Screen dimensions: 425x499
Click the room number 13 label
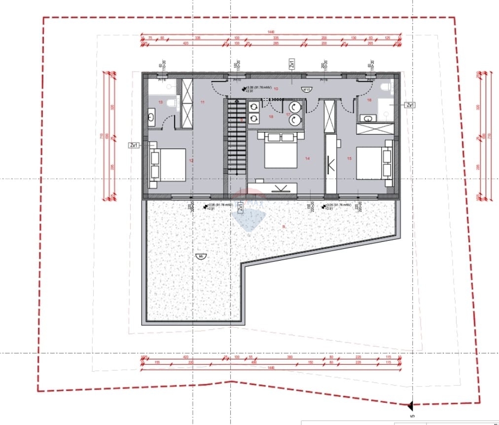(x=160, y=102)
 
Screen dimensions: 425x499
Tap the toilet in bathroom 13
(x=171, y=103)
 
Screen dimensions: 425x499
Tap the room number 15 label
(x=350, y=158)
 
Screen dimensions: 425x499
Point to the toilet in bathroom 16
(x=387, y=88)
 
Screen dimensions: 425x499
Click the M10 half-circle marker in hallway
(x=306, y=89)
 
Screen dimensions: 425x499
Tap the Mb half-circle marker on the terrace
(x=200, y=256)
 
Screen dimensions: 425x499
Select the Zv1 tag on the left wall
(x=134, y=146)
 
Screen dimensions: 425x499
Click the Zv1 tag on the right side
(x=410, y=105)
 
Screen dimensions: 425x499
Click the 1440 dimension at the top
(x=271, y=32)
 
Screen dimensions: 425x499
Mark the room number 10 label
(x=276, y=89)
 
